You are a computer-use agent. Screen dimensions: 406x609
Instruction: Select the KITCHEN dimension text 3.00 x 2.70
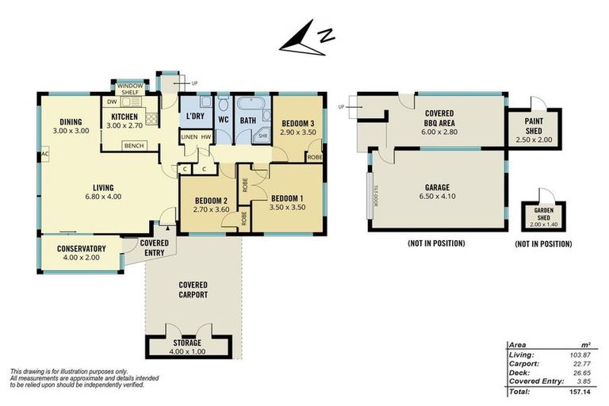[x=124, y=126]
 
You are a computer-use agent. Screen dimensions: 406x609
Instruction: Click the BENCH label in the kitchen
[x=132, y=146]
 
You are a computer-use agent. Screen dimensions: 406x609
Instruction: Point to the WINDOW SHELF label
[x=129, y=89]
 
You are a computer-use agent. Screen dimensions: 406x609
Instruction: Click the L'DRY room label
[x=194, y=117]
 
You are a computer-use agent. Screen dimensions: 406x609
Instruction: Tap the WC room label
[x=223, y=120]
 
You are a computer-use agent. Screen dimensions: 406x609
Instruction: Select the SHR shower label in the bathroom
[x=262, y=136]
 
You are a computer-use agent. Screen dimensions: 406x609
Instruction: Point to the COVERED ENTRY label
[x=155, y=248]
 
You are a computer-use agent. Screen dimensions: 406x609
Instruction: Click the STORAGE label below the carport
[x=188, y=343]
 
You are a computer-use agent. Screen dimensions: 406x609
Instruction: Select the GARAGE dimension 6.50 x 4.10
[x=438, y=196]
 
